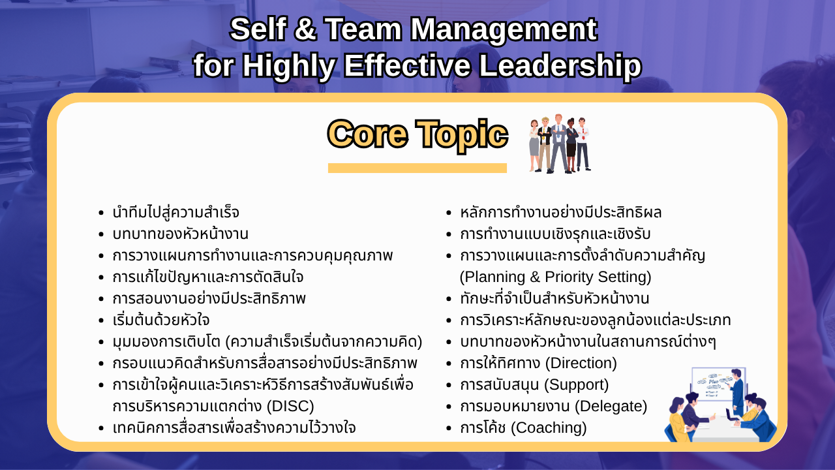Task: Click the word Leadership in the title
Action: click(560, 66)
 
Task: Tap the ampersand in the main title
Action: click(305, 29)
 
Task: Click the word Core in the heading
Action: click(367, 134)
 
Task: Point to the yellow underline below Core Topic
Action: click(417, 168)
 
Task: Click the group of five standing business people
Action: click(560, 144)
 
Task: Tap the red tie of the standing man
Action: click(583, 133)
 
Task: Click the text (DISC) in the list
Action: click(290, 406)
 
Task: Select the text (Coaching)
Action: click(549, 428)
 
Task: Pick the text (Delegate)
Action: click(611, 406)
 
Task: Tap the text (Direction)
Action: click(581, 363)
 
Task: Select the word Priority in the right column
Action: click(569, 277)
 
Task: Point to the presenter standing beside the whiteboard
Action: click(737, 392)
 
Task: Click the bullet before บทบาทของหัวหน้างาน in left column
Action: click(101, 234)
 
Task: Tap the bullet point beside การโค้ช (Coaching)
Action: click(449, 428)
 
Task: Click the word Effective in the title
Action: click(408, 66)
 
